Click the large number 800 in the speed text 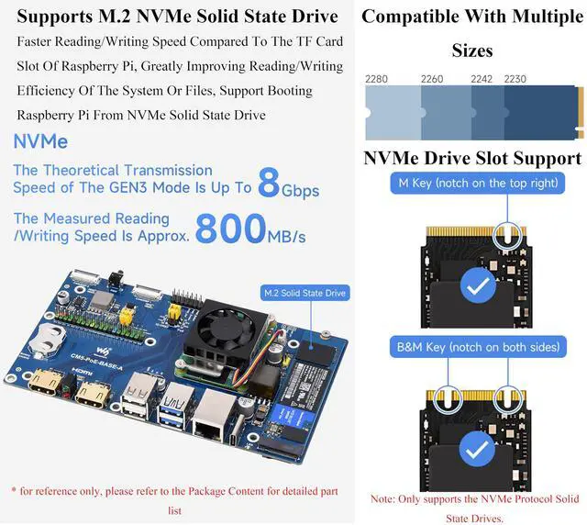(230, 229)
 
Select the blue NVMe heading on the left (40, 142)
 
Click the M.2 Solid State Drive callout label (304, 293)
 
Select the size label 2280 (376, 79)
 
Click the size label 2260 (432, 79)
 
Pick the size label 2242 (482, 79)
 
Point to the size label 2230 (515, 79)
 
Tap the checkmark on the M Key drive (476, 286)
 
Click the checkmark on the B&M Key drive (476, 449)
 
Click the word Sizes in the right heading (471, 50)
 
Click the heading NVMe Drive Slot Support (471, 158)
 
